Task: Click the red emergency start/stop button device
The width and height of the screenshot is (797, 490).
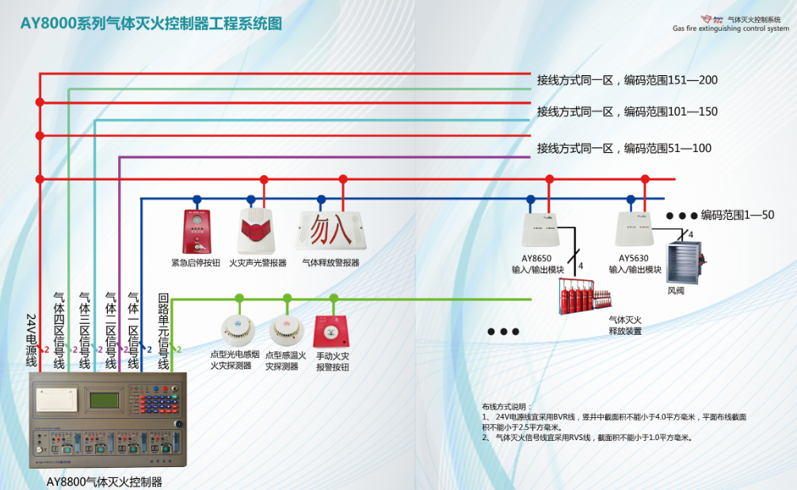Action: tap(196, 230)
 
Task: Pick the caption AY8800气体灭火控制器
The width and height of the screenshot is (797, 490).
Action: tap(104, 481)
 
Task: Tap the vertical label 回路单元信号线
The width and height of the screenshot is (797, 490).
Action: tap(163, 331)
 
